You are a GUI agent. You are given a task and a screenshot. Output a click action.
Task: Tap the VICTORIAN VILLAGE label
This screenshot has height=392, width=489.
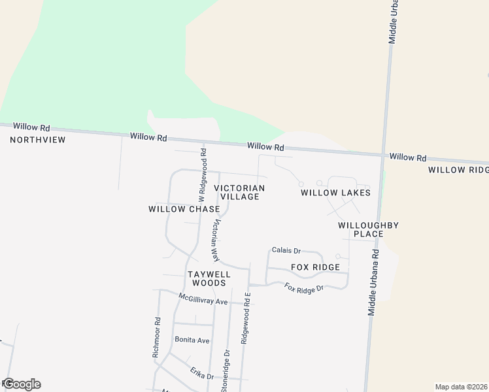pos(239,192)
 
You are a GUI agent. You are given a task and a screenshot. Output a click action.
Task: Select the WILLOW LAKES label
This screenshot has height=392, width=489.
pos(335,193)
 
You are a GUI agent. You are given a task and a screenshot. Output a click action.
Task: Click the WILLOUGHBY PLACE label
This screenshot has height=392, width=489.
pos(368,229)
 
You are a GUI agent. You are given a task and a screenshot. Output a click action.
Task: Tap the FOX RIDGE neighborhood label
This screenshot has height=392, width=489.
pos(315,267)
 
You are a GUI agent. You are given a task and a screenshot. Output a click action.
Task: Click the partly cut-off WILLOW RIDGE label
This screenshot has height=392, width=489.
pos(458,170)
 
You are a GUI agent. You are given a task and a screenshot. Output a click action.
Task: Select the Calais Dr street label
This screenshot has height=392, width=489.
pos(286,250)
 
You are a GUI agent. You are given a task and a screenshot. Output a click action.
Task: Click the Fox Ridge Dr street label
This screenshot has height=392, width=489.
pos(304,287)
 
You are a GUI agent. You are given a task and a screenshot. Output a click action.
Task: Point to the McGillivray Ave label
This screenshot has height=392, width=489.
pos(203,299)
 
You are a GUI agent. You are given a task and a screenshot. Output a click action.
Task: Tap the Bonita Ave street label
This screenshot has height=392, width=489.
pos(192,340)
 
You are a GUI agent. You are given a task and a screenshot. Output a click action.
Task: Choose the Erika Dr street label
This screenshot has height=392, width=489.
pos(202,373)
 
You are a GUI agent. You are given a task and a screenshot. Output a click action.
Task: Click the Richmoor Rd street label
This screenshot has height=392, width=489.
pos(156,337)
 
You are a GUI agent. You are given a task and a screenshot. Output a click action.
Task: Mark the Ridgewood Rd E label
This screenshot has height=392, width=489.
pos(246,318)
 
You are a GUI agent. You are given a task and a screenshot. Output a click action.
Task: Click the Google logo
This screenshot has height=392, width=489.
pos(21,384)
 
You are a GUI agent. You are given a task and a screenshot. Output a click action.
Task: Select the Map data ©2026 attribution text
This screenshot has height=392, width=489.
pos(462,387)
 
